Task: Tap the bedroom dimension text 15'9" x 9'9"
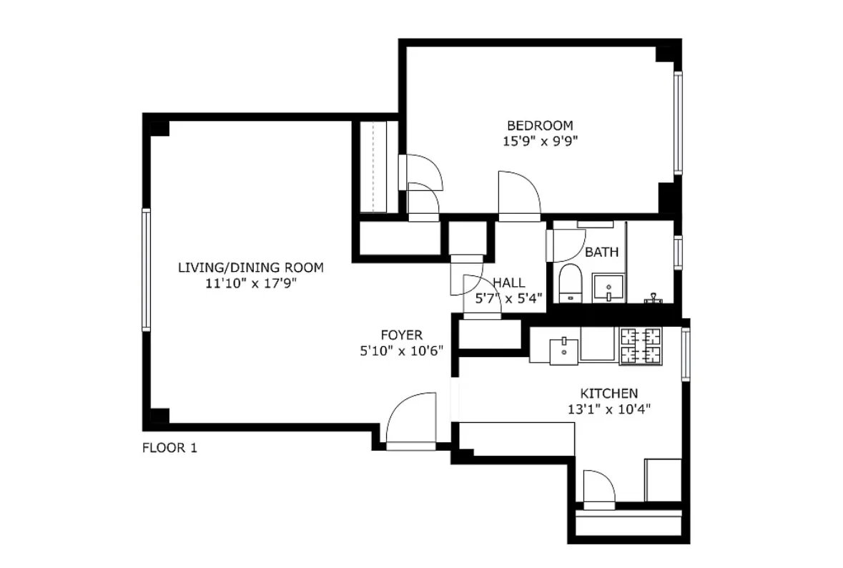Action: [x=540, y=141]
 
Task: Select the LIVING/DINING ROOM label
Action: [x=250, y=268]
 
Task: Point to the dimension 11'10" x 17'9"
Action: [x=250, y=283]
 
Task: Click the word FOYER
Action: [x=401, y=335]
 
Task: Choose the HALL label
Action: [x=508, y=283]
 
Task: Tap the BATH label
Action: [x=601, y=252]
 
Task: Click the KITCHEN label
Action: [x=608, y=393]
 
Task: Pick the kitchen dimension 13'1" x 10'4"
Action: [x=608, y=409]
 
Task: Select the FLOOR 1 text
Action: [x=169, y=449]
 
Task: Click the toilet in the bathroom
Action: [x=570, y=283]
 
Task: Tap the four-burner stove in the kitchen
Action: [x=641, y=346]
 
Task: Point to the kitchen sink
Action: [x=564, y=350]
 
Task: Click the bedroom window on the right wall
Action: [x=677, y=122]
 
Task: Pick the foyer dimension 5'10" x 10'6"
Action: [x=401, y=351]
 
